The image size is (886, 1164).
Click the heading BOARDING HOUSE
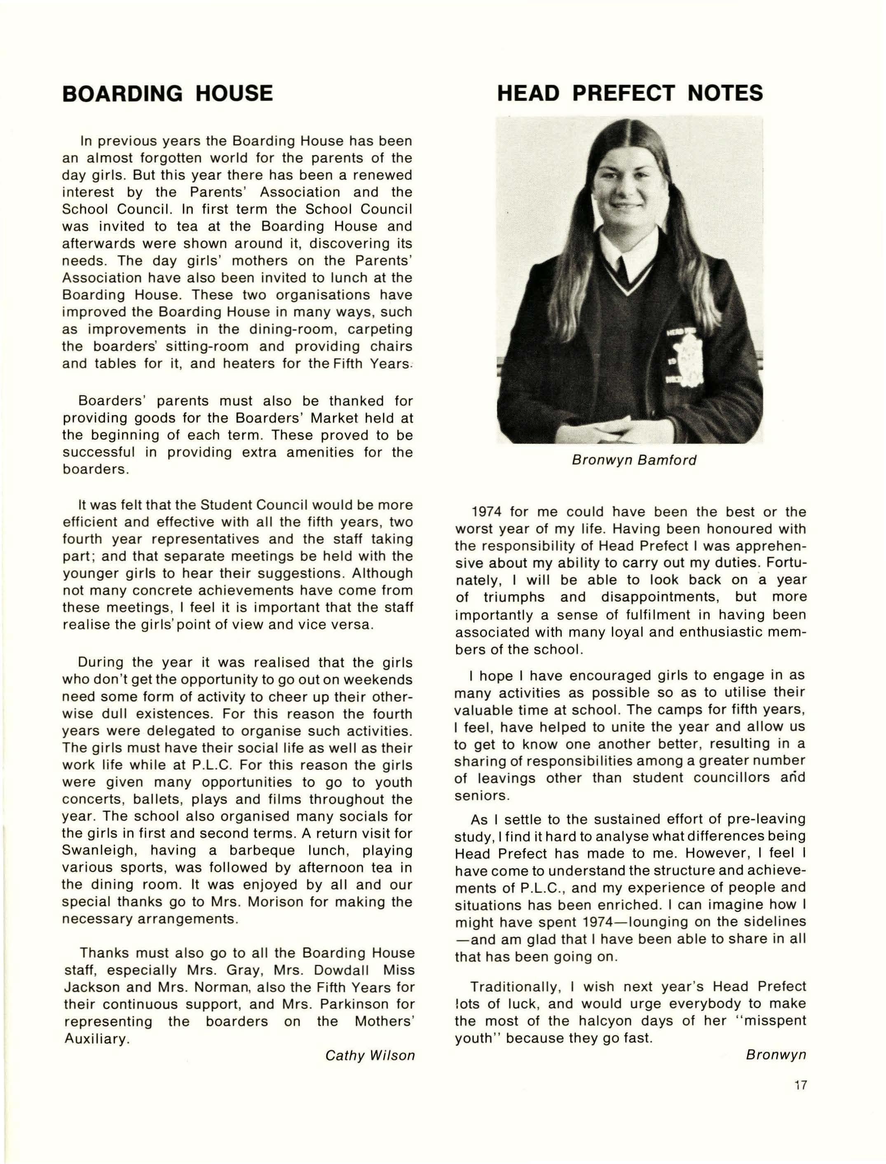tap(167, 94)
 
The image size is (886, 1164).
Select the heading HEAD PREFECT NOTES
tap(630, 94)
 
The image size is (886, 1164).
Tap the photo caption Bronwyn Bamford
tap(634, 460)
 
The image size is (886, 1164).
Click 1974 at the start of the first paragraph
tap(486, 512)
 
